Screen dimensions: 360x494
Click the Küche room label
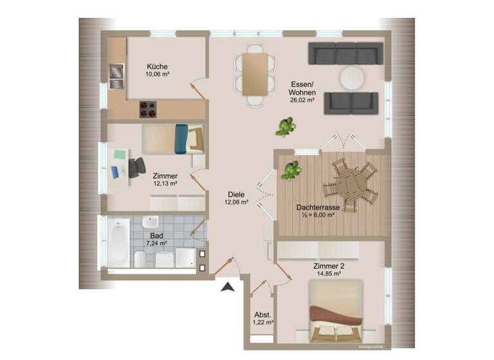pyautogui.click(x=157, y=66)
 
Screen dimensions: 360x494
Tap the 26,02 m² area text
pyautogui.click(x=302, y=100)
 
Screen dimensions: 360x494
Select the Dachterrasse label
pyautogui.click(x=318, y=207)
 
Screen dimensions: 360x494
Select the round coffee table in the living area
pyautogui.click(x=352, y=78)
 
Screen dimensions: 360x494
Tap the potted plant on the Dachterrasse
pyautogui.click(x=291, y=171)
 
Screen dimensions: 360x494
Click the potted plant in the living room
pyautogui.click(x=285, y=127)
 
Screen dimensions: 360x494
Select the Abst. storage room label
pyautogui.click(x=262, y=314)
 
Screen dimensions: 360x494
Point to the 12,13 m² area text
pyautogui.click(x=165, y=183)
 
